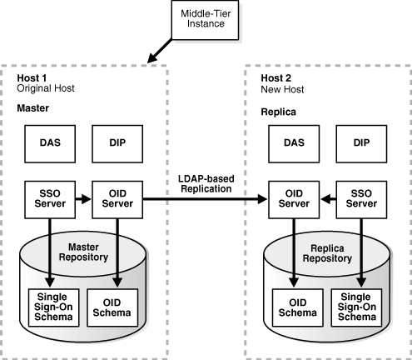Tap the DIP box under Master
coord(114,142)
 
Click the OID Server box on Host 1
coord(114,199)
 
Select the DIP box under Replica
coord(360,142)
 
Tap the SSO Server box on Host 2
coord(360,199)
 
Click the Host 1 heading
coord(32,77)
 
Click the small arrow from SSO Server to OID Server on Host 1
coord(82,199)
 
